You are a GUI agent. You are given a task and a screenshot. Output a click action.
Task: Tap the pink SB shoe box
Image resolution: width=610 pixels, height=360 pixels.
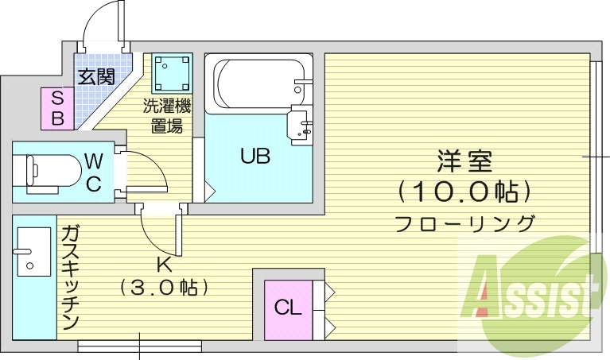(57, 108)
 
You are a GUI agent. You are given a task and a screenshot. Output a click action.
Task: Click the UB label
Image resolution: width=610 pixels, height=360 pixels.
(255, 156)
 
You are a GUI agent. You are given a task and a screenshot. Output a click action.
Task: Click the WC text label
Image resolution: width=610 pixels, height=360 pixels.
(93, 172)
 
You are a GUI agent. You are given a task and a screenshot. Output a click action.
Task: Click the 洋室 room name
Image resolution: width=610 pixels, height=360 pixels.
(464, 161)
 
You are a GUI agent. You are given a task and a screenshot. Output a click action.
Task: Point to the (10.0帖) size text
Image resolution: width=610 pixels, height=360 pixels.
(464, 192)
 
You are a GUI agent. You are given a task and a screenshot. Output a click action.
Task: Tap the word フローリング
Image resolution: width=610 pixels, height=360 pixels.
(465, 223)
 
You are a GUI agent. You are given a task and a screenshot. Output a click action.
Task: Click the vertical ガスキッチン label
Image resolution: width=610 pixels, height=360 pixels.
(70, 277)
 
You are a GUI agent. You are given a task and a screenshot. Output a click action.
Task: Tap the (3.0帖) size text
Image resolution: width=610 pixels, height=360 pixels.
(164, 286)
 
